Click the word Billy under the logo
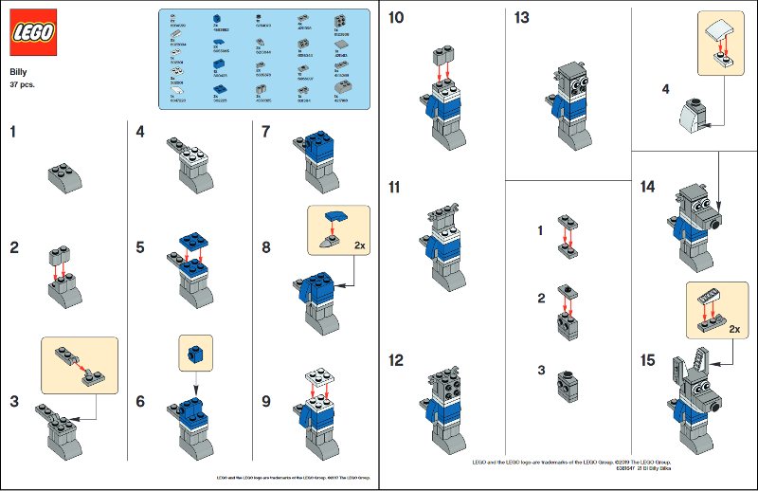(x=18, y=72)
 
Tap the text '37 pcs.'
(x=23, y=84)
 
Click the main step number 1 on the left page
(x=13, y=132)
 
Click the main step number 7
(x=266, y=132)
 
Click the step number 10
(x=396, y=18)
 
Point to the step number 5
(x=139, y=247)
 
